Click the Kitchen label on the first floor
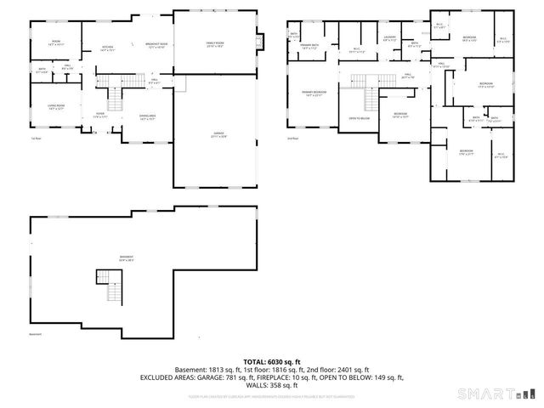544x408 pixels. point(107,48)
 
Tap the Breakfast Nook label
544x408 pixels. point(156,45)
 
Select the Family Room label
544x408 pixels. point(214,44)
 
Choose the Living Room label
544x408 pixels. point(55,107)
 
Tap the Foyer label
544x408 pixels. point(99,115)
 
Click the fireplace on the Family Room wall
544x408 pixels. point(262,42)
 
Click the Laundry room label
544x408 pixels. point(389,38)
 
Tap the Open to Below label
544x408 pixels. point(358,119)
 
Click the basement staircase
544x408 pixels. point(107,286)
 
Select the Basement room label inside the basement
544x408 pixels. point(127,258)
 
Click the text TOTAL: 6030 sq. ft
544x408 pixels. point(272,361)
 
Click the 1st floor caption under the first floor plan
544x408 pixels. point(36,138)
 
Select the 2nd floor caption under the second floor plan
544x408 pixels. point(293,137)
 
